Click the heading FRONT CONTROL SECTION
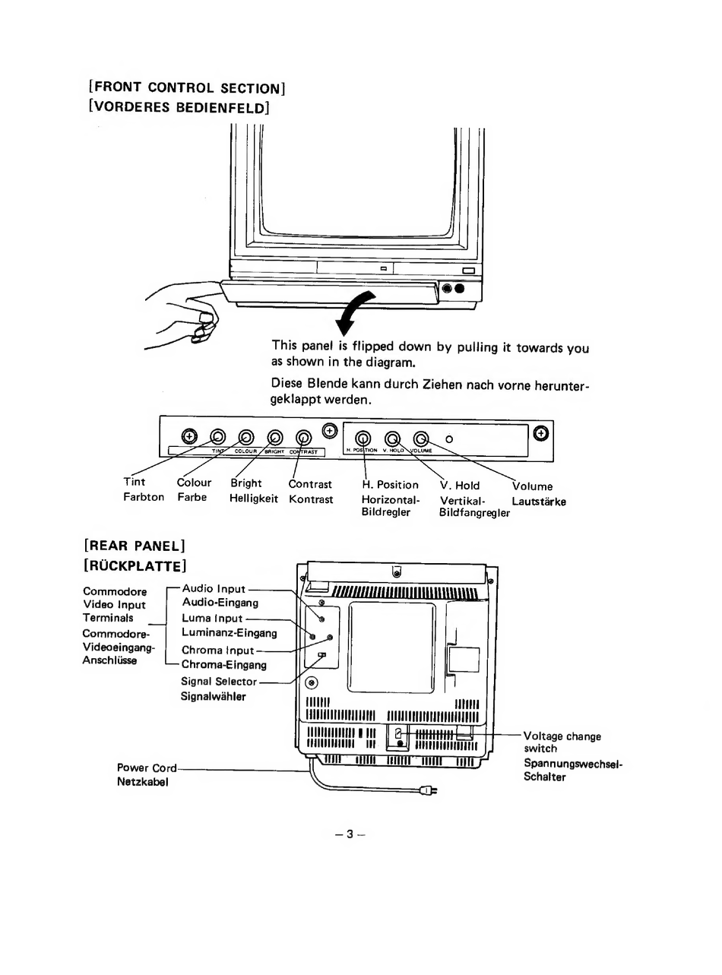tap(187, 87)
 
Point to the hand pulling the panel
tap(183, 312)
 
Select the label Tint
tap(135, 482)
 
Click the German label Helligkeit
tap(254, 499)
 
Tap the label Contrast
tap(310, 484)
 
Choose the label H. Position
tap(390, 485)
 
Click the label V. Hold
tap(460, 485)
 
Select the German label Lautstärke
tap(539, 502)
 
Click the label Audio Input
tap(214, 588)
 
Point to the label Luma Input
tap(212, 619)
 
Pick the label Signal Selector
tap(219, 682)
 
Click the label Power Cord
tap(147, 768)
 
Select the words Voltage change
tap(562, 736)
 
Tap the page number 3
tap(350, 834)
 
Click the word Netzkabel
tap(142, 781)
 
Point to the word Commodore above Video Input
tap(115, 591)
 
